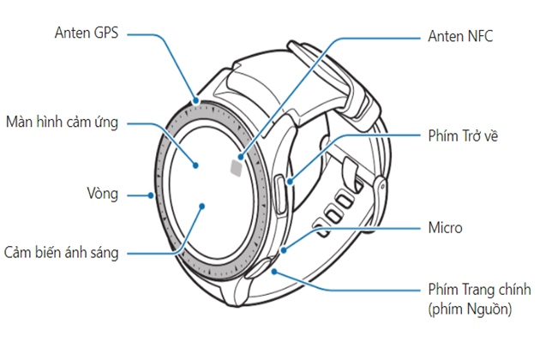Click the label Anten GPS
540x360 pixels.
pyautogui.click(x=85, y=33)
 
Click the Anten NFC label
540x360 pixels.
pyautogui.click(x=460, y=36)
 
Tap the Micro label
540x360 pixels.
pyautogui.click(x=445, y=228)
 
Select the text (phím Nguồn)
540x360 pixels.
pyautogui.click(x=470, y=309)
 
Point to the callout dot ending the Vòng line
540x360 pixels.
pyautogui.click(x=151, y=195)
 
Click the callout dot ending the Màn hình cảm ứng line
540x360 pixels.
pyautogui.click(x=196, y=164)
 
